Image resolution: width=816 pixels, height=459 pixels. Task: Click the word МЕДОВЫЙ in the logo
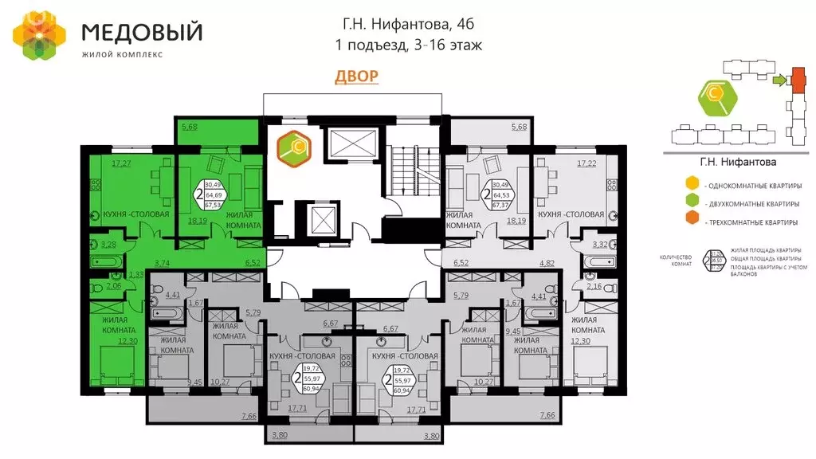click(143, 33)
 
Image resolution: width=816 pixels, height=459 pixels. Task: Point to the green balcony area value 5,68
click(190, 126)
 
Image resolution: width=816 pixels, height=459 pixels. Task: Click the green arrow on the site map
click(779, 80)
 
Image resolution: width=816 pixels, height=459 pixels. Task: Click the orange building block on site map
click(796, 80)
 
